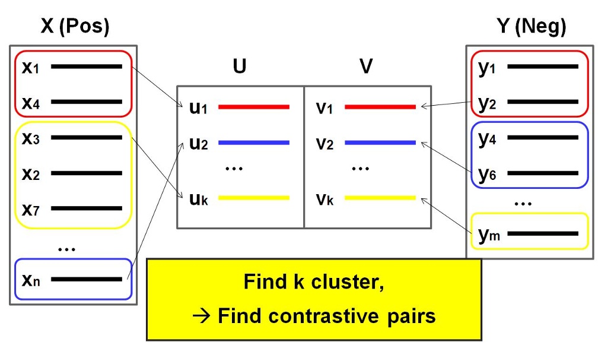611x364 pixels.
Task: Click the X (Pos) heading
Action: [x=75, y=27]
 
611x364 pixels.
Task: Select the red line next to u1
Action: [x=254, y=107]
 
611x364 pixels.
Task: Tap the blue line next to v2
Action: [x=380, y=143]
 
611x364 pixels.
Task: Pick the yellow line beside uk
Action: [x=254, y=198]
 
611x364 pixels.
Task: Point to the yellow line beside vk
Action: [x=380, y=198]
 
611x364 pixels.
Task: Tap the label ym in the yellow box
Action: [x=489, y=234]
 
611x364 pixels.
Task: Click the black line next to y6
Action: [x=543, y=174]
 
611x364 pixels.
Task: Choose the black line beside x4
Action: [x=87, y=102]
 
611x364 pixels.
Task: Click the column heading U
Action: [x=239, y=67]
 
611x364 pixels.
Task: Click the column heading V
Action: [x=366, y=67]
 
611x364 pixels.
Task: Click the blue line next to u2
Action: [x=254, y=143]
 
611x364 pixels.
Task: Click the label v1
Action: [x=324, y=108]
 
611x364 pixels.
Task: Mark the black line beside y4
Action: [x=543, y=138]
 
